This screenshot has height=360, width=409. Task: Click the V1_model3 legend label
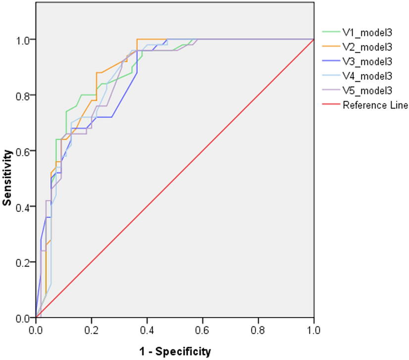[367, 33]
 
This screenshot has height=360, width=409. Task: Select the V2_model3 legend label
[367, 48]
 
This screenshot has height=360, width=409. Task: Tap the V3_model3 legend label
[367, 62]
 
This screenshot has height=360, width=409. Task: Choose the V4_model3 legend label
[367, 76]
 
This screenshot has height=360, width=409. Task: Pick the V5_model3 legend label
[367, 91]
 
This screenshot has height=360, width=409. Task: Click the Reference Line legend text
[375, 105]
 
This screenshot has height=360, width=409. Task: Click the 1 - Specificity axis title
[175, 351]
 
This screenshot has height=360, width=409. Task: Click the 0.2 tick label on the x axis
[91, 328]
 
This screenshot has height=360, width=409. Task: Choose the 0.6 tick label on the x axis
[203, 328]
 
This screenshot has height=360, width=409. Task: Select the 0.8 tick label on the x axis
[258, 328]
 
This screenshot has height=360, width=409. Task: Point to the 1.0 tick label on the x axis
[313, 328]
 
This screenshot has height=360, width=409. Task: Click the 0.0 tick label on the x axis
[36, 328]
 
